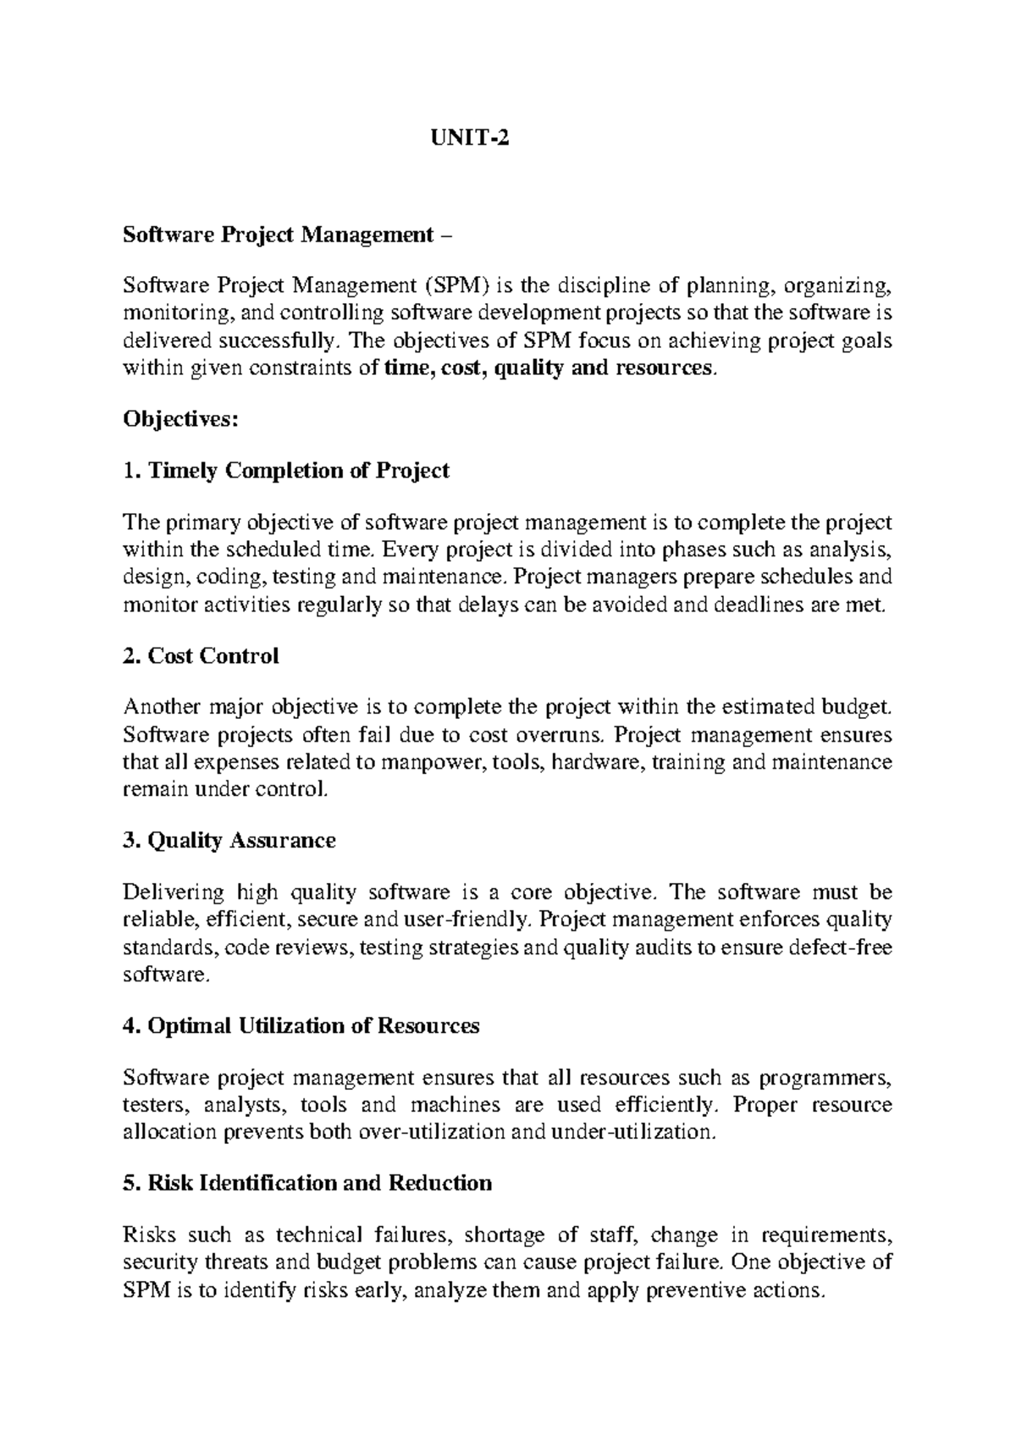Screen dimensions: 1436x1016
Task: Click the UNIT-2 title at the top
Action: (x=467, y=138)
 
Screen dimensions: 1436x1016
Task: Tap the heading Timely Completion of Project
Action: (x=286, y=471)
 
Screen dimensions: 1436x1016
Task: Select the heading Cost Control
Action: (x=201, y=656)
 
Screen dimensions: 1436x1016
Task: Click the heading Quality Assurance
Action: (x=229, y=841)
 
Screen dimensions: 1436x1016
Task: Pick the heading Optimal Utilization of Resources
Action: (x=301, y=1026)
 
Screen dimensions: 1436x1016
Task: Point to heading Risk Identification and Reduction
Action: (x=307, y=1183)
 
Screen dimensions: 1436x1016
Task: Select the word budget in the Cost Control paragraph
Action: (x=857, y=708)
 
